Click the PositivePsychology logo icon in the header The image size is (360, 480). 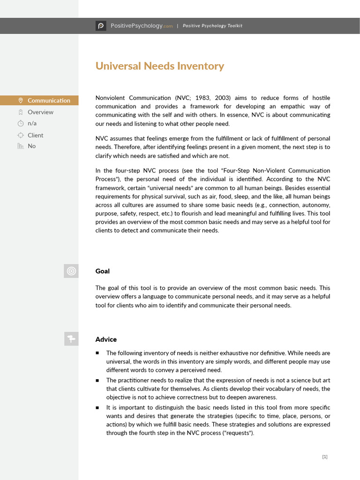pos(101,26)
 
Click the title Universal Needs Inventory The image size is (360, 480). pos(159,66)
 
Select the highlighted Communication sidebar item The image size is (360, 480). pos(49,100)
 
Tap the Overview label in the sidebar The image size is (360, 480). pos(40,112)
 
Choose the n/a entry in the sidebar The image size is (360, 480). pos(32,123)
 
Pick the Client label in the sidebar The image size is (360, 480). pos(35,135)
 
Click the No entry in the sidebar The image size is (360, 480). pos(31,146)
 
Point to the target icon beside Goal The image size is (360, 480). pos(71,271)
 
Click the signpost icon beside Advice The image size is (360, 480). pos(71,339)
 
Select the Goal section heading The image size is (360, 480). pos(102,271)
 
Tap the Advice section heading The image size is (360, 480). pos(106,339)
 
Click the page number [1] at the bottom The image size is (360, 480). pos(325,457)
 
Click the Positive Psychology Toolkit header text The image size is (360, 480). pos(212,26)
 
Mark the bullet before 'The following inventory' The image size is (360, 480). pos(97,353)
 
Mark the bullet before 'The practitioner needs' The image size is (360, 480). pos(97,380)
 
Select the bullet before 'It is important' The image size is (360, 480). pos(97,407)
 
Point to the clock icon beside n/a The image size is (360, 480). pos(20,123)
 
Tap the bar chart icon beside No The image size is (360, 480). pos(20,146)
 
